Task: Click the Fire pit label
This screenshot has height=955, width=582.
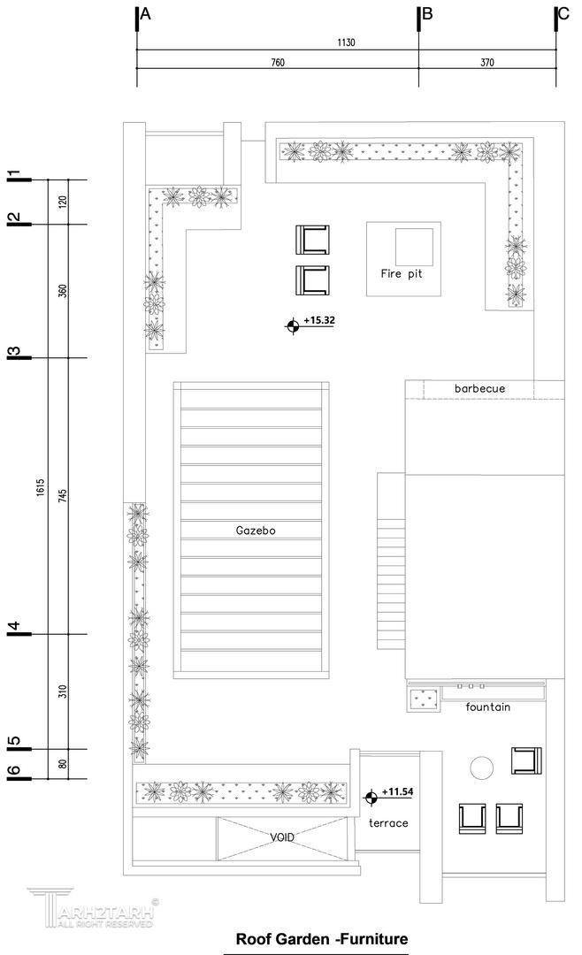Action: click(x=401, y=273)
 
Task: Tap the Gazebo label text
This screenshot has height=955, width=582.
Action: click(x=256, y=531)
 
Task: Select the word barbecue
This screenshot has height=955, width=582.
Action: click(x=479, y=388)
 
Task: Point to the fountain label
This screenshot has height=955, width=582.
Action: click(x=487, y=707)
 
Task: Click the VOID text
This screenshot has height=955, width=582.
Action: click(x=282, y=837)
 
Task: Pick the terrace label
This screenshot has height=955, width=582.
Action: click(x=388, y=823)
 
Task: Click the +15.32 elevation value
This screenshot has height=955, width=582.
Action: click(x=319, y=320)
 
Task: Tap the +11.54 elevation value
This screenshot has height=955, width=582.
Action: click(x=397, y=791)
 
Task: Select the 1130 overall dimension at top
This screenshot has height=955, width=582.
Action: click(x=346, y=42)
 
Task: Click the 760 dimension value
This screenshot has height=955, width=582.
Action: click(x=277, y=62)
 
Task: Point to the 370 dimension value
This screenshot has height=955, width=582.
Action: click(x=487, y=62)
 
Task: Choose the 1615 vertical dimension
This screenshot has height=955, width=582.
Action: click(x=40, y=487)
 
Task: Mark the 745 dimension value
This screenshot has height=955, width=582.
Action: click(x=63, y=496)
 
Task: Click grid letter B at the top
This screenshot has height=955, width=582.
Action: click(x=427, y=13)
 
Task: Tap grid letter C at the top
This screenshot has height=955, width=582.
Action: click(x=563, y=13)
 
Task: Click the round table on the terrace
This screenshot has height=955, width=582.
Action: click(x=481, y=768)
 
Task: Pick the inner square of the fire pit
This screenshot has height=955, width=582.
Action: click(x=415, y=247)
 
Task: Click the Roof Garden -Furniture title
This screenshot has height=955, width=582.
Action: click(x=322, y=938)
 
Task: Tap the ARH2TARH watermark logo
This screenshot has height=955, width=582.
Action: click(x=91, y=907)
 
